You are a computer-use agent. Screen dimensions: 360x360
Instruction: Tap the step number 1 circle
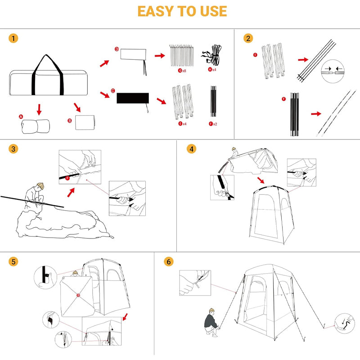coord(14,38)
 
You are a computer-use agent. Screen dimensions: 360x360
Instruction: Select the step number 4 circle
coord(192,149)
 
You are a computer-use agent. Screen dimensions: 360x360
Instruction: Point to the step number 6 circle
coord(169,261)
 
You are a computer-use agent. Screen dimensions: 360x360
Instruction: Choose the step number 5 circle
coord(14,261)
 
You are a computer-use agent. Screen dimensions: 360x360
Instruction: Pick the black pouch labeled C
coord(133,98)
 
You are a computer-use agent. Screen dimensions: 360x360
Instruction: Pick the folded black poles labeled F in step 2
coord(294,114)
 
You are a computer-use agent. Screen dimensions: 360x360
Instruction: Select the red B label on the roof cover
coord(78,296)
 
